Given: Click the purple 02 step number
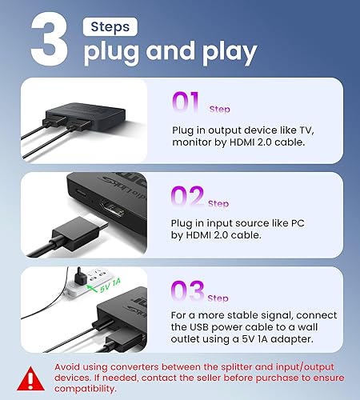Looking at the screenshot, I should pos(188,198).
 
